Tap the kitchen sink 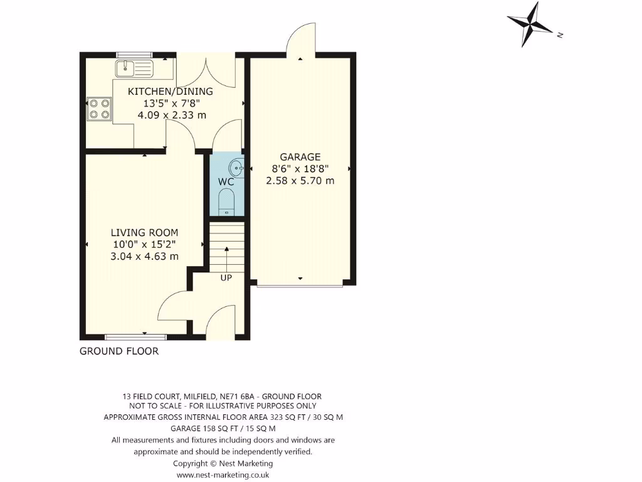134,67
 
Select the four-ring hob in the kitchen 98,109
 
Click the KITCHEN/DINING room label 171,92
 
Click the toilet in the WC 226,202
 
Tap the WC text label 226,182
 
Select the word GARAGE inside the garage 300,157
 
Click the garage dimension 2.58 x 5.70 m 300,181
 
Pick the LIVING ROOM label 145,232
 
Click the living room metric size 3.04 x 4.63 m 145,256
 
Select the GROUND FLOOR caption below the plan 119,351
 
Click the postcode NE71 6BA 238,397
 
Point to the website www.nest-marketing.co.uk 223,475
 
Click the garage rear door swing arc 300,38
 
